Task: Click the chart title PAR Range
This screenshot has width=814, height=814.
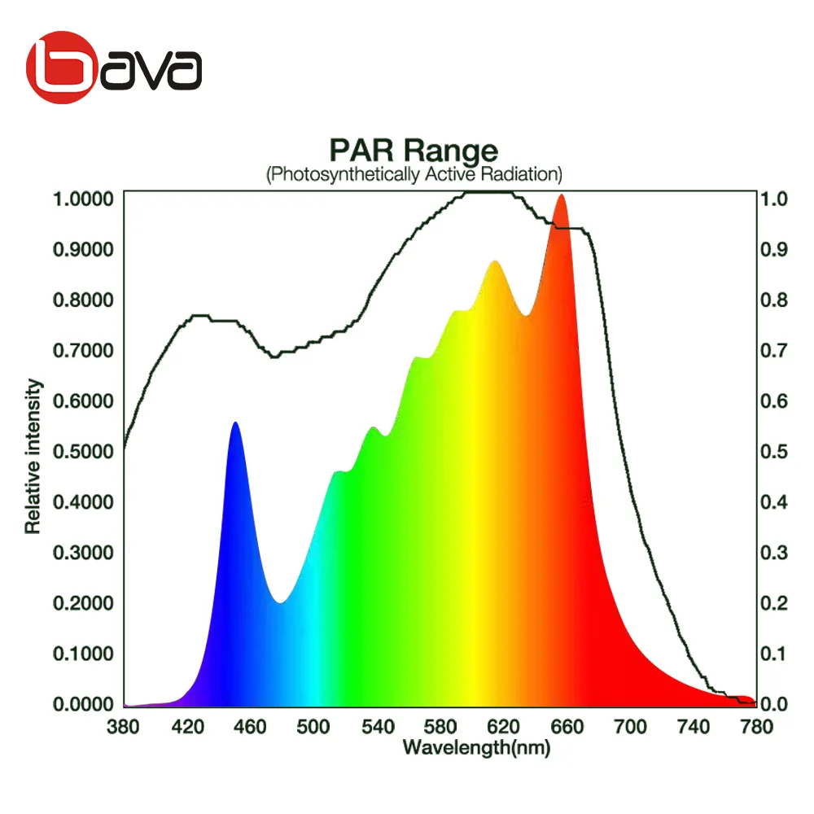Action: pos(413,151)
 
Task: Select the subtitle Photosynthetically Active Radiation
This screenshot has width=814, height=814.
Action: pos(414,174)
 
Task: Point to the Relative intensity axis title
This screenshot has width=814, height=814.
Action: pos(33,456)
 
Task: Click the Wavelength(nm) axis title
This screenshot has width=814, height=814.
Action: pos(476,747)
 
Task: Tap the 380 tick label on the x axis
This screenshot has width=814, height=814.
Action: pos(124,727)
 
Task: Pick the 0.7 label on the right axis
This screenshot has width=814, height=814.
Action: pos(774,351)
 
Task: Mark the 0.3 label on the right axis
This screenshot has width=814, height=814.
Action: pos(774,553)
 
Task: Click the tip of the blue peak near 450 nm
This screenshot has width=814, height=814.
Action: pos(235,423)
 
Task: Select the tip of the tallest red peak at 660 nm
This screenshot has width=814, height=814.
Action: pos(560,196)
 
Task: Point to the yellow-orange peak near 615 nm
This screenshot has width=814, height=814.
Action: pos(494,262)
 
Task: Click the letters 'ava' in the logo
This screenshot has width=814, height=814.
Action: pos(155,72)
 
